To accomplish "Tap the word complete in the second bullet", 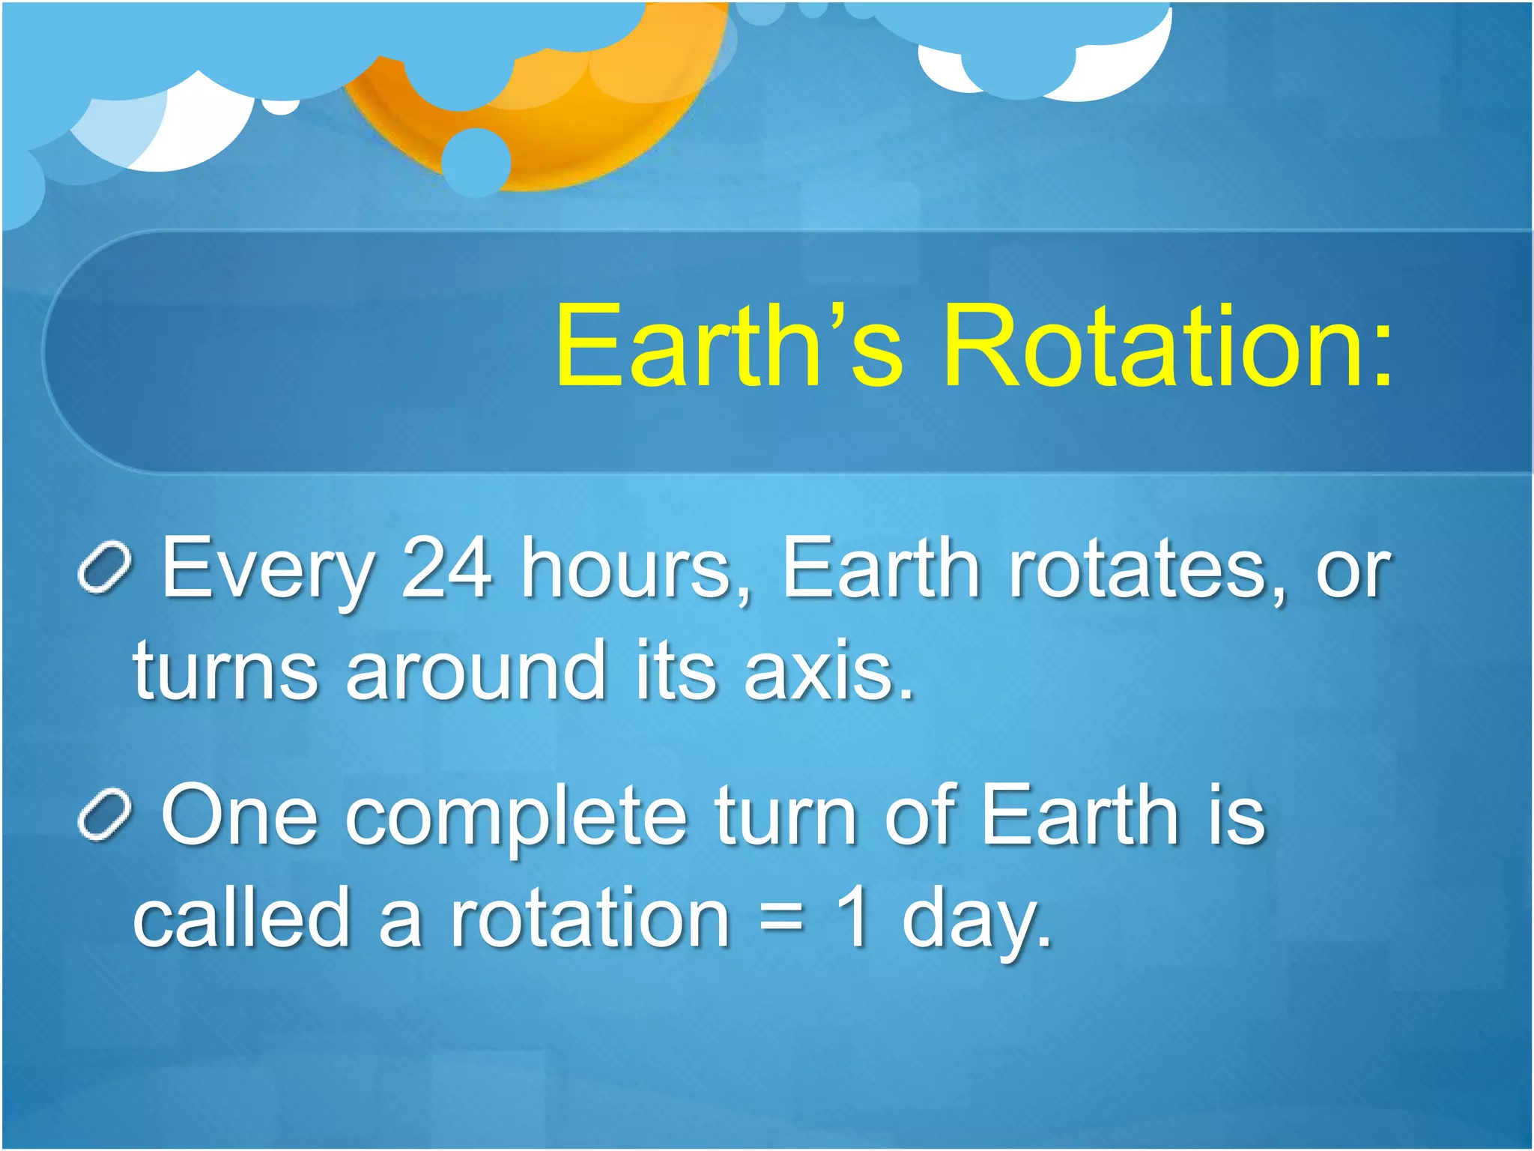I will (x=516, y=817).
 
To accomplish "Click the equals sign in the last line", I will (x=781, y=919).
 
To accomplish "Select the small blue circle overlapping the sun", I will (x=476, y=162).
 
